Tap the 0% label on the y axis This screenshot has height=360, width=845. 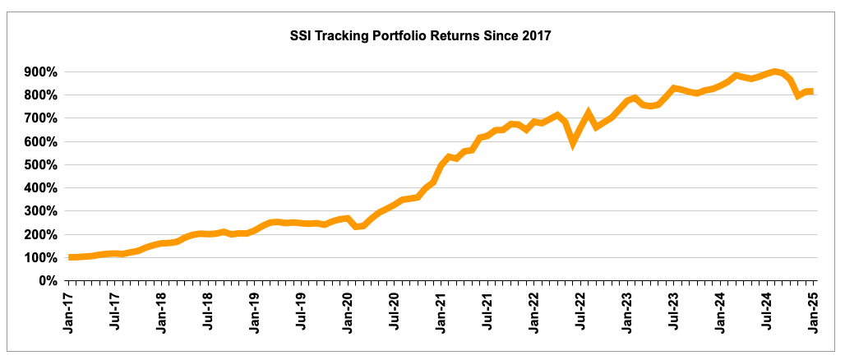47,281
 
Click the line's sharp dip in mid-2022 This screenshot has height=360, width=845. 574,141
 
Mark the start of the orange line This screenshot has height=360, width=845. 71,257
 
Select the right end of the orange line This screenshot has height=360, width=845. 811,91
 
